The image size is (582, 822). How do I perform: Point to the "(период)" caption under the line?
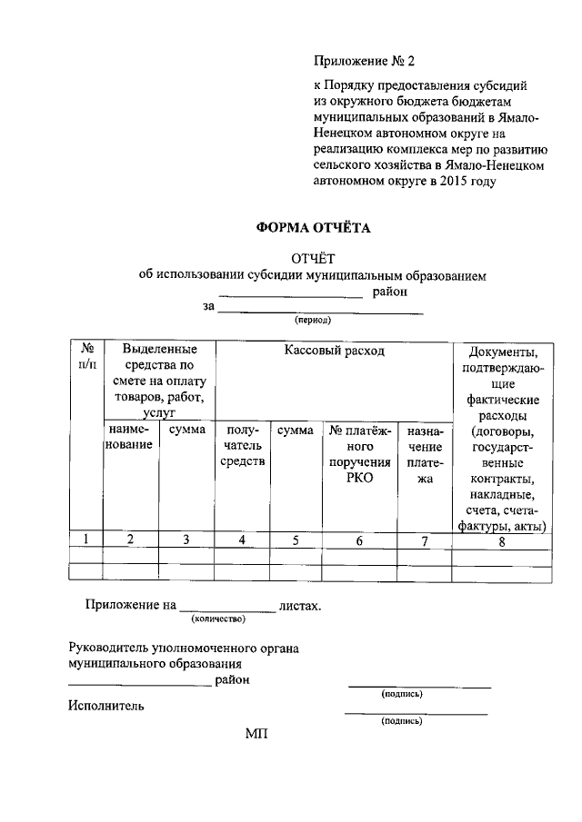[x=312, y=321]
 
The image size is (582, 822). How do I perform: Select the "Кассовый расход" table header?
[x=334, y=351]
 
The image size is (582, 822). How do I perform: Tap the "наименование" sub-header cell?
[x=130, y=438]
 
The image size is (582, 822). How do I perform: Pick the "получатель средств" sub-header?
[x=243, y=446]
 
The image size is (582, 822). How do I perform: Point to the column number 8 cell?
[x=503, y=542]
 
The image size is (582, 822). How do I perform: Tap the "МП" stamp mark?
[x=257, y=734]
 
